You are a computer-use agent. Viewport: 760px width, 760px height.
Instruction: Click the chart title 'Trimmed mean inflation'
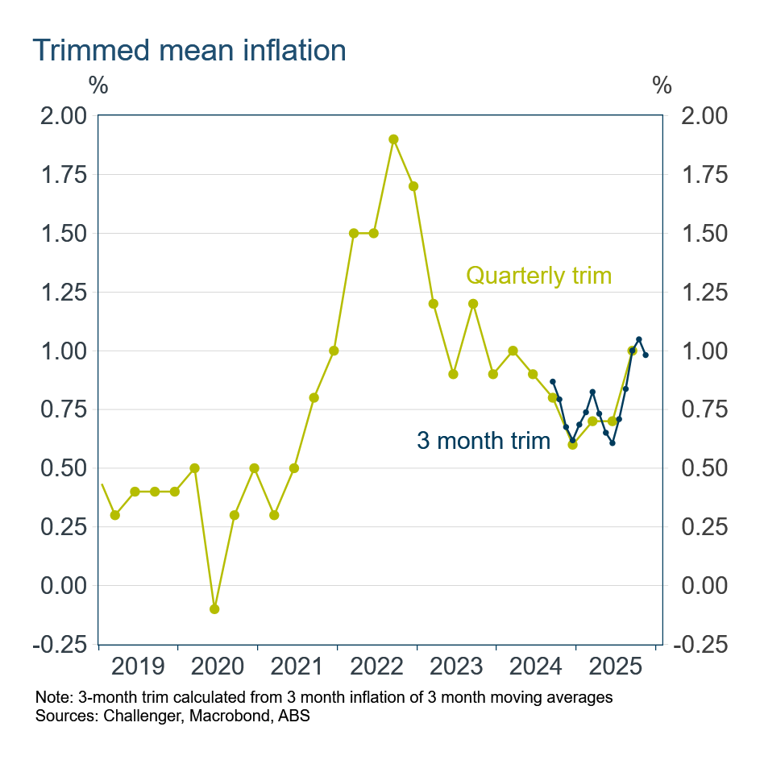pyautogui.click(x=189, y=50)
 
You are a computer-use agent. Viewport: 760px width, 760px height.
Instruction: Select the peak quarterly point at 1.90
pyautogui.click(x=393, y=139)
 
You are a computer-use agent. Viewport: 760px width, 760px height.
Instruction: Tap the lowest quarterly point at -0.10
pyautogui.click(x=214, y=608)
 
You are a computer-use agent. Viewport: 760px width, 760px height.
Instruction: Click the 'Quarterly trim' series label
pyautogui.click(x=539, y=276)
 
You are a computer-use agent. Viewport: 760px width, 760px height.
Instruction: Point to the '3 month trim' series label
pyautogui.click(x=483, y=440)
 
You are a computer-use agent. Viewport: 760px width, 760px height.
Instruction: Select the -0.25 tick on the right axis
pyautogui.click(x=704, y=644)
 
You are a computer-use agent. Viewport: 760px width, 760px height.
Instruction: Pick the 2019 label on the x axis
pyautogui.click(x=138, y=667)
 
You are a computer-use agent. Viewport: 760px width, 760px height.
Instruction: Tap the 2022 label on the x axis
pyautogui.click(x=377, y=667)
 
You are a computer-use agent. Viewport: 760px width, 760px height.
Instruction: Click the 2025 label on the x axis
pyautogui.click(x=616, y=667)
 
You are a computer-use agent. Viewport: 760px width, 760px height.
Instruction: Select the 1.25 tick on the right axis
pyautogui.click(x=704, y=292)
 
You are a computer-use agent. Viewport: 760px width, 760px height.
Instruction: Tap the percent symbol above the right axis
pyautogui.click(x=662, y=85)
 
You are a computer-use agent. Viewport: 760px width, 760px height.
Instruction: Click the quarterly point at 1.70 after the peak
pyautogui.click(x=413, y=186)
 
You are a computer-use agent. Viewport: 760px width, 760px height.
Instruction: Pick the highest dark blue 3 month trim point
pyautogui.click(x=639, y=339)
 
